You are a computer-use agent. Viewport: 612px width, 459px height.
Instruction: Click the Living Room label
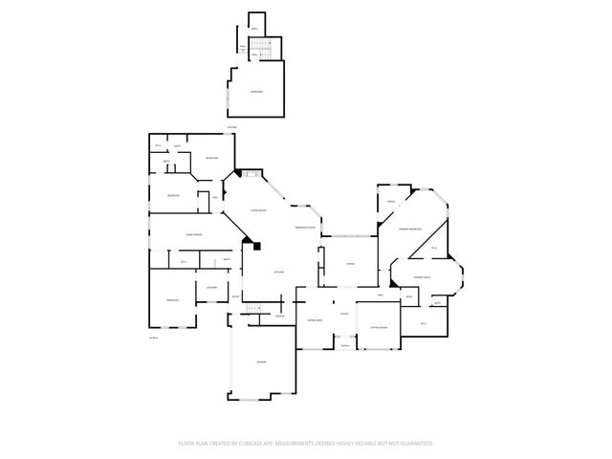257,210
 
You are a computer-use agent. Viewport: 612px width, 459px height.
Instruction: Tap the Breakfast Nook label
306,228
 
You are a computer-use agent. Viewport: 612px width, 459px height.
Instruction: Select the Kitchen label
278,273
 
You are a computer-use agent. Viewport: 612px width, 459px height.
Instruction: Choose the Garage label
260,362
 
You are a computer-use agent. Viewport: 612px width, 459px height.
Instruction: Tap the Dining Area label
314,320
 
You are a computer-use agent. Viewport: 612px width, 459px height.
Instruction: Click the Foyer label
344,313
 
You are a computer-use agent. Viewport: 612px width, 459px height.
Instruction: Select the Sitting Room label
378,327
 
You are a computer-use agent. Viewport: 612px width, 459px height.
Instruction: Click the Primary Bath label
423,278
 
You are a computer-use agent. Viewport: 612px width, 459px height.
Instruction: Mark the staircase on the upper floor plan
263,48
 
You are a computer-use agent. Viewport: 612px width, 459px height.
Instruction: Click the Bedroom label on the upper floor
256,92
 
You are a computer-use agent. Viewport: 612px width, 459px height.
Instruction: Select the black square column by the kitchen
256,246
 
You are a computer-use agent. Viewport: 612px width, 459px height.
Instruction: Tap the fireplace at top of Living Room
251,173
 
